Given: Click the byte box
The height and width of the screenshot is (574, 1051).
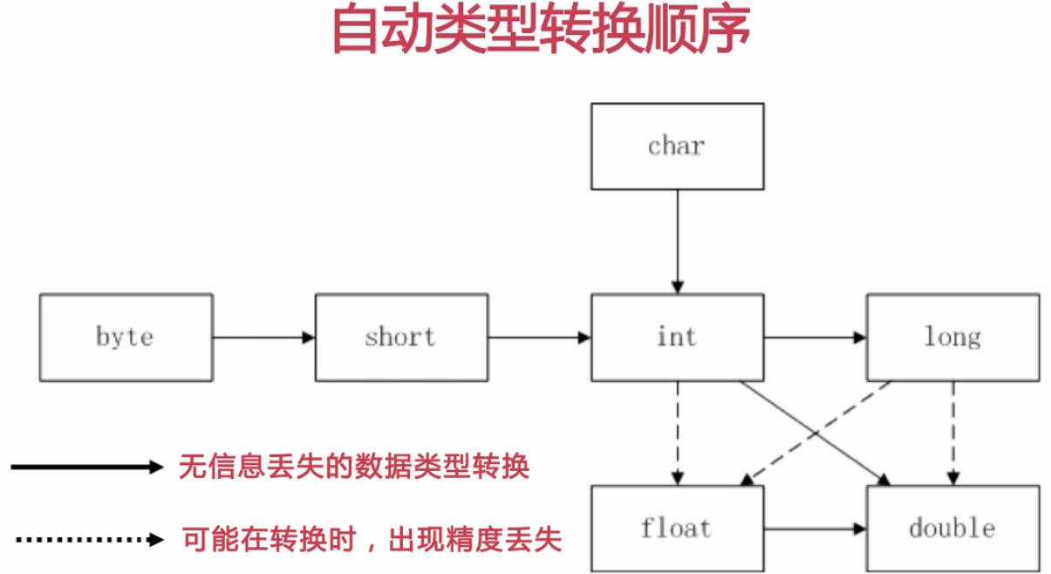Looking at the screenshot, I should pyautogui.click(x=126, y=338).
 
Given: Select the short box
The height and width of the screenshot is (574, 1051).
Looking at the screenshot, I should pyautogui.click(x=401, y=338).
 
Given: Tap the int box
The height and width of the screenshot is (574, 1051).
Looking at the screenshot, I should pyautogui.click(x=677, y=338).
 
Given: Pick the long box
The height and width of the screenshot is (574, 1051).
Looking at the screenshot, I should pyautogui.click(x=952, y=338).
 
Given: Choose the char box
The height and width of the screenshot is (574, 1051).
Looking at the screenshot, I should pyautogui.click(x=677, y=147).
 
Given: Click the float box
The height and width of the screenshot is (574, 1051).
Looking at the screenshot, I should pyautogui.click(x=677, y=529).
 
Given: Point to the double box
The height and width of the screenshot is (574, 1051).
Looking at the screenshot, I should pyautogui.click(x=952, y=529).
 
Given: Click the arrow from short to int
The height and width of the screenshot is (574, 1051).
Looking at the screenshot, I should pyautogui.click(x=539, y=338).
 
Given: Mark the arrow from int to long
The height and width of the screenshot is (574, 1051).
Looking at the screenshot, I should pyautogui.click(x=815, y=338).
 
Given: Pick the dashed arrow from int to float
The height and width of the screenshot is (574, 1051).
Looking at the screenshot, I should pyautogui.click(x=677, y=433).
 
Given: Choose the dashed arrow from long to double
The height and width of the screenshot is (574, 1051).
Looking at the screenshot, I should pyautogui.click(x=952, y=433).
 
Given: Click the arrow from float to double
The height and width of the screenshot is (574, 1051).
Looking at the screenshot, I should pyautogui.click(x=815, y=529).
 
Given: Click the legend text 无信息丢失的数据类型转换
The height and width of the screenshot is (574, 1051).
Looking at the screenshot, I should pyautogui.click(x=353, y=468).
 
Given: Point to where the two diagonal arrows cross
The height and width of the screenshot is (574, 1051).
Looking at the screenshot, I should pyautogui.click(x=816, y=434).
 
